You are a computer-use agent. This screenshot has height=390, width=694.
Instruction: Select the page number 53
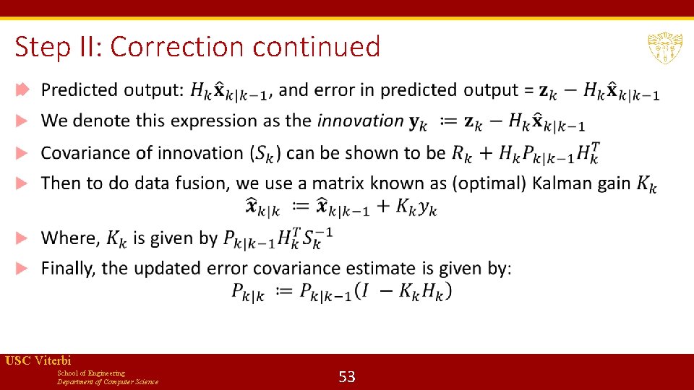[x=347, y=376]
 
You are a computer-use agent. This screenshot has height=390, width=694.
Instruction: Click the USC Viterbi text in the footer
[x=38, y=360]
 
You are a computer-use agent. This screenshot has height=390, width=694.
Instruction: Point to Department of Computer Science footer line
[x=108, y=381]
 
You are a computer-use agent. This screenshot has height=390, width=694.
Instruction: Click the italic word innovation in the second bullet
[x=360, y=121]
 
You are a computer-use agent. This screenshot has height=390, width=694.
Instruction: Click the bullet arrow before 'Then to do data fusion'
[x=22, y=183]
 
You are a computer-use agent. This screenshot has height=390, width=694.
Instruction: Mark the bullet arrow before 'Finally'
[x=22, y=269]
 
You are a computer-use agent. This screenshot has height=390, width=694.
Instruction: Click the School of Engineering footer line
[x=90, y=373]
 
